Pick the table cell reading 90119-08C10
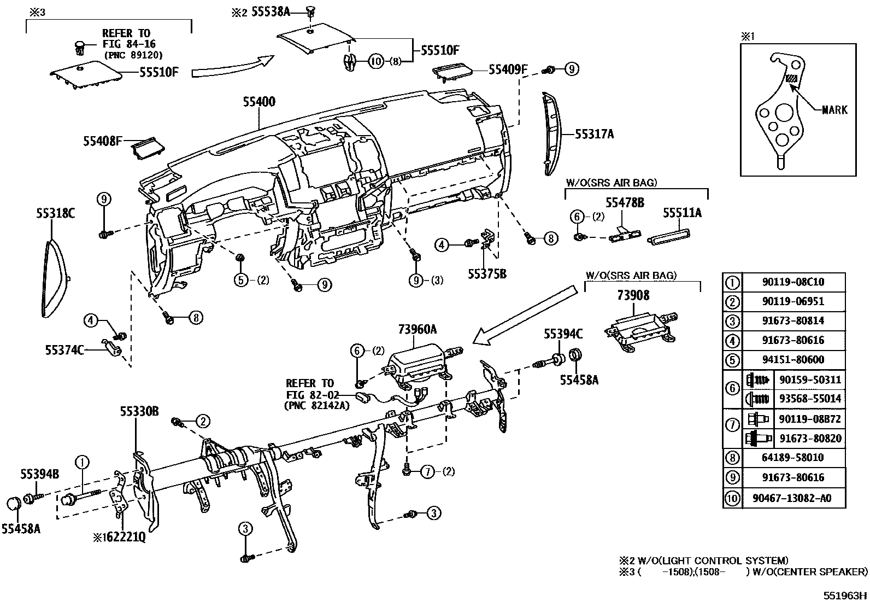pyautogui.click(x=793, y=282)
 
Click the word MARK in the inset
pyautogui.click(x=834, y=110)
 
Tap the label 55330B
pyautogui.click(x=139, y=411)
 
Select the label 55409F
pyautogui.click(x=508, y=69)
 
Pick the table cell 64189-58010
pyautogui.click(x=793, y=458)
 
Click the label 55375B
pyautogui.click(x=487, y=273)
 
